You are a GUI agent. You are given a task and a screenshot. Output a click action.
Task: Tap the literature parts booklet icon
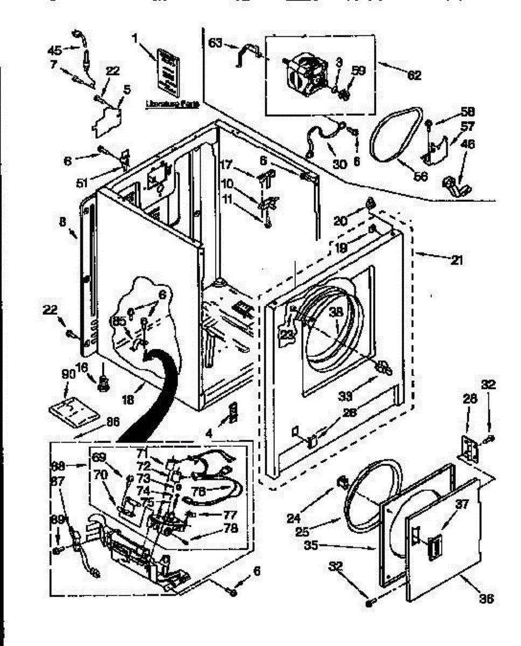pos(166,68)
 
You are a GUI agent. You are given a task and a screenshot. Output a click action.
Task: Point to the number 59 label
pos(358,69)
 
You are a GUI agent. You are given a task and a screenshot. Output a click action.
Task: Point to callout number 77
pos(231,514)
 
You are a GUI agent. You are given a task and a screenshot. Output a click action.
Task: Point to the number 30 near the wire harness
pos(339,165)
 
